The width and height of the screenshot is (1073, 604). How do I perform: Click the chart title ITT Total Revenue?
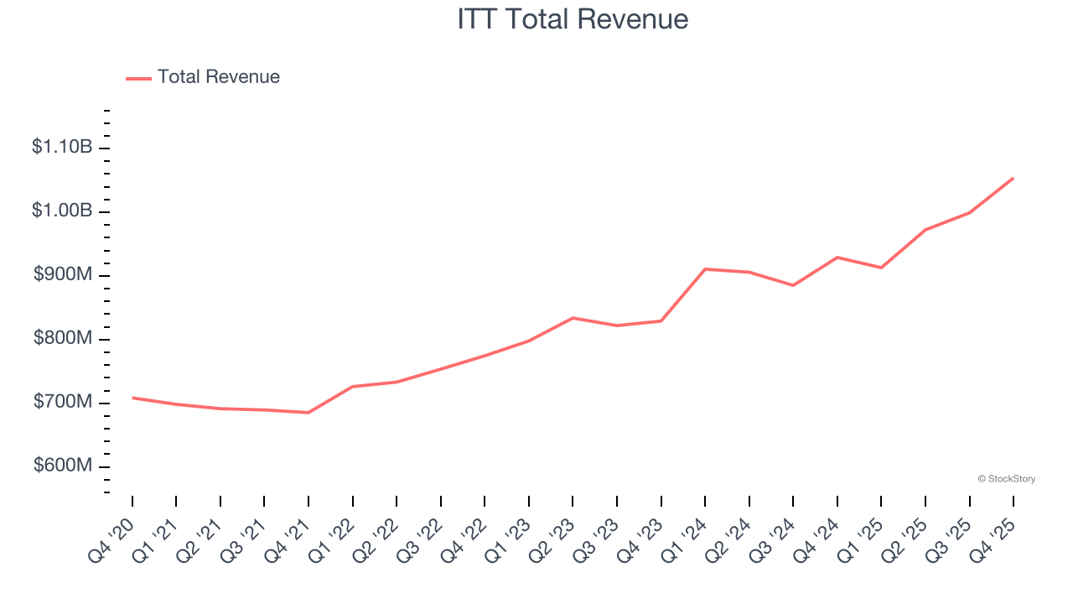[573, 18]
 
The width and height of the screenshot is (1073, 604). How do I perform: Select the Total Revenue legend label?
[218, 77]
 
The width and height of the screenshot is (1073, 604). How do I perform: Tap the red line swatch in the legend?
[138, 78]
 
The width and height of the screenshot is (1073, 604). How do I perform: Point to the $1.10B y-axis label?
[62, 148]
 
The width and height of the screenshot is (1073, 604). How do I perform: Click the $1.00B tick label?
[62, 211]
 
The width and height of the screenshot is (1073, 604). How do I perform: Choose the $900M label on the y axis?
[63, 275]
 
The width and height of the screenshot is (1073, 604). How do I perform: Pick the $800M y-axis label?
[63, 339]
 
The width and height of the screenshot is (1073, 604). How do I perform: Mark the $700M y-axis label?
[63, 403]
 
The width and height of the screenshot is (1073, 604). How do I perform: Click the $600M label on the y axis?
[63, 466]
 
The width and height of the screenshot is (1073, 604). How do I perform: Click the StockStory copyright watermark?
[1006, 479]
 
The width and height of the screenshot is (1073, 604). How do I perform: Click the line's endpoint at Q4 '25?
[1013, 178]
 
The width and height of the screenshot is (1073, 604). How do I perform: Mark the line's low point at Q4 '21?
[308, 413]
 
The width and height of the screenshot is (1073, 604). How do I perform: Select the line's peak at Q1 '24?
[705, 269]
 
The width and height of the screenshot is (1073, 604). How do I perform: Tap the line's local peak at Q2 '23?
[573, 318]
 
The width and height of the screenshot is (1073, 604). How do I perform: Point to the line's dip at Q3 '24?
[793, 285]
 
